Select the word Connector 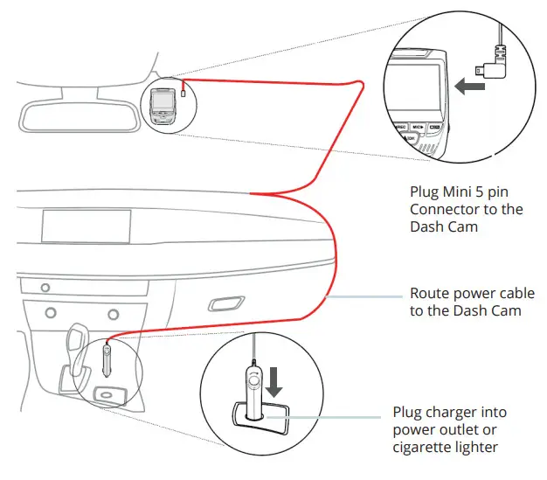[x=450, y=209]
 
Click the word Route [x=431, y=294]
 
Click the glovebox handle [x=225, y=305]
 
